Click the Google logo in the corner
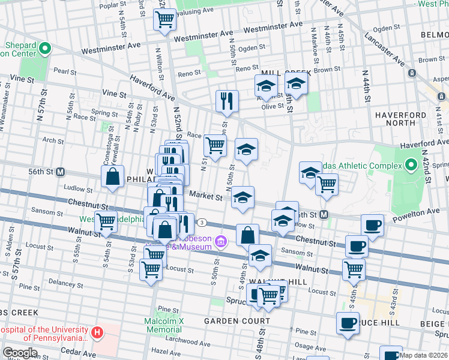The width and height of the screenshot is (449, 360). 20,353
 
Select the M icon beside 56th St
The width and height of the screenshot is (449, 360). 60,172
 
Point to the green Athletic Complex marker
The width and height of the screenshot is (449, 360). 411,164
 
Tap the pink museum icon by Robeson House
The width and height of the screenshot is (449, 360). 221,242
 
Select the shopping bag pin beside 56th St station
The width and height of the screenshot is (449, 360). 112,176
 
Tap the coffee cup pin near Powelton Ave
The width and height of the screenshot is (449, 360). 372,225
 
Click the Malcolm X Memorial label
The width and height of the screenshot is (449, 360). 163,325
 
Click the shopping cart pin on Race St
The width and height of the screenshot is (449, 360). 215,144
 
